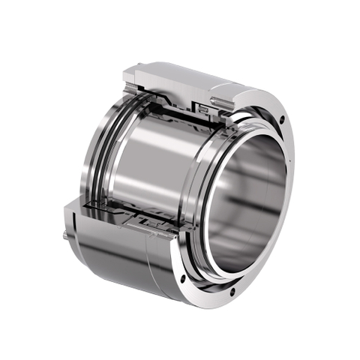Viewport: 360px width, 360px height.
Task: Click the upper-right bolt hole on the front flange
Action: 281,121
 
